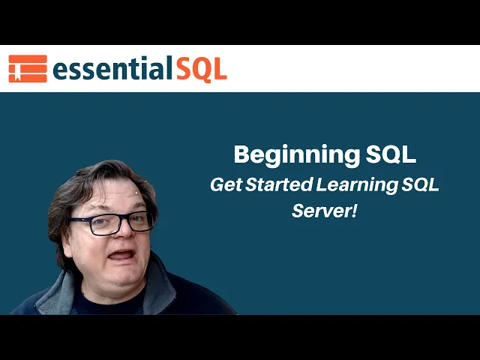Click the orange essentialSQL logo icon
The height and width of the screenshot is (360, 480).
27,69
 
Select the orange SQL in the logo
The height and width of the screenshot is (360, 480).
201,69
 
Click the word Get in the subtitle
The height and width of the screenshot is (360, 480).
223,185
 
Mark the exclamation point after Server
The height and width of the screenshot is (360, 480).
353,211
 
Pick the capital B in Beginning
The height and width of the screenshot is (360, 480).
243,154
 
